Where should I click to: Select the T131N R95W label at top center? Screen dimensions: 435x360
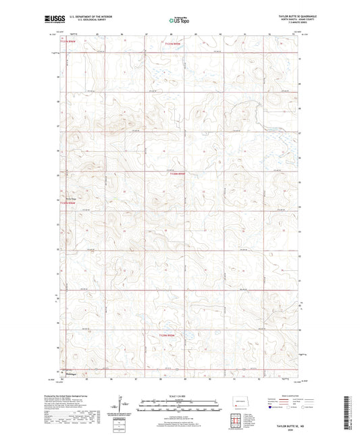click(174, 43)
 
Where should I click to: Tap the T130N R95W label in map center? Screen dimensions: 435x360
click(178, 174)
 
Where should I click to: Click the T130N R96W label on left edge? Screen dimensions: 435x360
click(70, 203)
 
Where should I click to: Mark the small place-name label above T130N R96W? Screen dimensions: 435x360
click(69, 198)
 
